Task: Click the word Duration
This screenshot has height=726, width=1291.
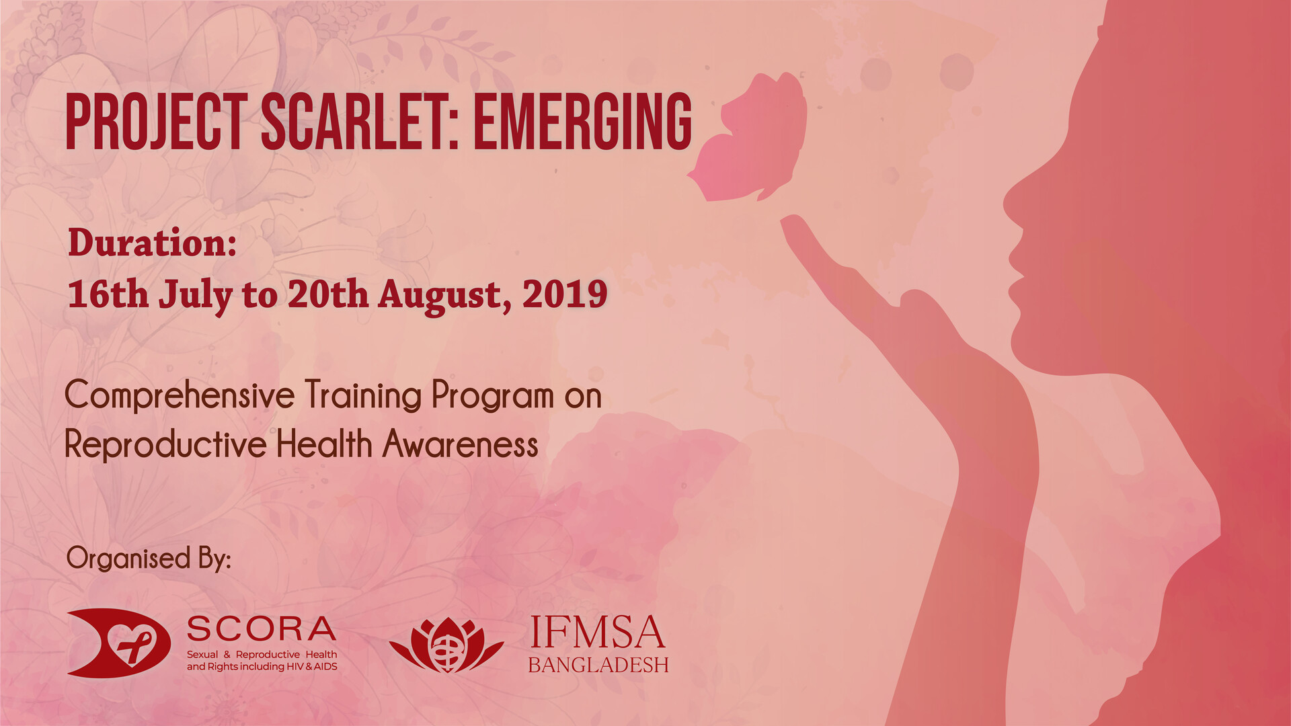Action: coord(152,243)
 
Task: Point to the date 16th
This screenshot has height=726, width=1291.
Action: coord(108,294)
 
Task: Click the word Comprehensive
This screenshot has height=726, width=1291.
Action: coord(180,395)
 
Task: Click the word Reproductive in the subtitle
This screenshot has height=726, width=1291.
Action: coord(165,445)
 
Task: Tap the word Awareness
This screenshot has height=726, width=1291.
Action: coord(461,444)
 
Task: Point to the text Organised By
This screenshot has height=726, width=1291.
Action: coord(149,559)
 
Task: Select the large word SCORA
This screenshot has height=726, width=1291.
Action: coord(261,629)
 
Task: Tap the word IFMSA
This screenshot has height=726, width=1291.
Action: coord(597,633)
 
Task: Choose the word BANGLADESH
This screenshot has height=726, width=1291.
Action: coord(598,665)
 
